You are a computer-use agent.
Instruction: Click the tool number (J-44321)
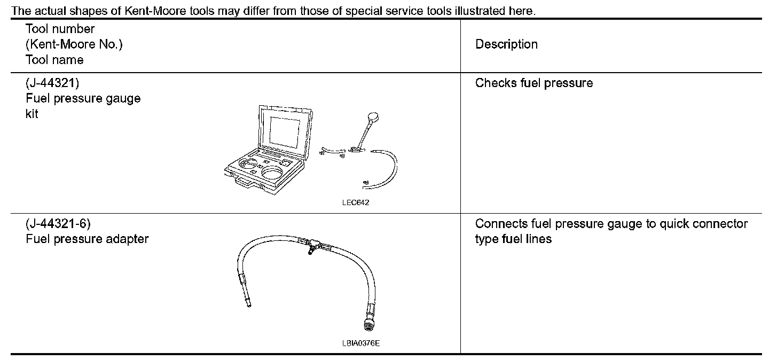pyautogui.click(x=52, y=83)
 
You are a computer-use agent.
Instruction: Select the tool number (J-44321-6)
pyautogui.click(x=58, y=224)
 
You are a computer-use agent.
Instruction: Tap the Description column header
pyautogui.click(x=506, y=44)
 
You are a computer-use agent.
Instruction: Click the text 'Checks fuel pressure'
pyautogui.click(x=534, y=83)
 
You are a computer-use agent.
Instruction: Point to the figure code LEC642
pyautogui.click(x=355, y=202)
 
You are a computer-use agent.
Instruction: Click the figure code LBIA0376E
pyautogui.click(x=361, y=343)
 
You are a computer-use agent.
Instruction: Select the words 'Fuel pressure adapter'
pyautogui.click(x=87, y=239)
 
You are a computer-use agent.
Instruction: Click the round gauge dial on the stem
pyautogui.click(x=373, y=117)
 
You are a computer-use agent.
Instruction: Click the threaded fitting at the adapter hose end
pyautogui.click(x=368, y=324)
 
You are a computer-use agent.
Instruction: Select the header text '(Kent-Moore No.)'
pyautogui.click(x=74, y=44)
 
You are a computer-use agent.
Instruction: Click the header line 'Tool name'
pyautogui.click(x=54, y=60)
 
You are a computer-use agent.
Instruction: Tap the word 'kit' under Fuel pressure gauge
pyautogui.click(x=32, y=114)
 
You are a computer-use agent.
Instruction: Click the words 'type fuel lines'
pyautogui.click(x=513, y=239)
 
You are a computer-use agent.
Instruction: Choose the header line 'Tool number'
pyautogui.click(x=60, y=29)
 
